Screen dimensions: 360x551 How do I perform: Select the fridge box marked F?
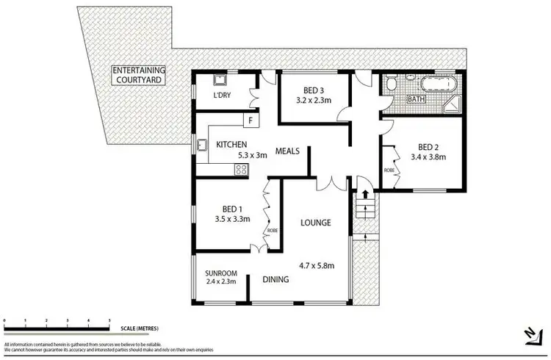click(x=251, y=120)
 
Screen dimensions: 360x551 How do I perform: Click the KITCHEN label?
click(x=231, y=144)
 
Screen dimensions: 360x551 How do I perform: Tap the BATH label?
click(x=416, y=98)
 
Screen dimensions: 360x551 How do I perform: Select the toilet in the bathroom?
click(x=392, y=87)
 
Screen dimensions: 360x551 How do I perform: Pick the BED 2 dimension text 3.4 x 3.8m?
click(x=428, y=156)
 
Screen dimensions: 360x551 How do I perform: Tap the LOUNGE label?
click(x=314, y=222)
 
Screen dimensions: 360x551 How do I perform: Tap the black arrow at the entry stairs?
click(x=363, y=195)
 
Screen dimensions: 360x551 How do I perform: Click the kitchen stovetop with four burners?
click(x=240, y=169)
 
